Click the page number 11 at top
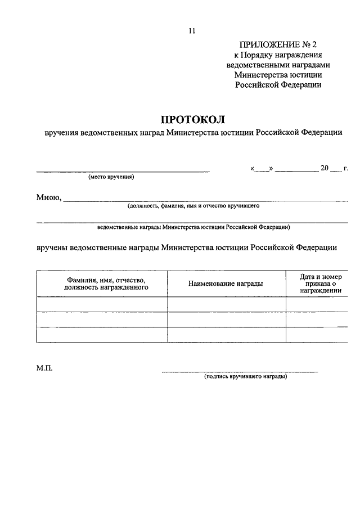(192, 32)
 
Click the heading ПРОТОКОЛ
(192, 119)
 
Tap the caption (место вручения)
(111, 177)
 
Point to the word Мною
(48, 197)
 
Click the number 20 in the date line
(324, 168)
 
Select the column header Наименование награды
(226, 283)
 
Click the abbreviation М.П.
(44, 368)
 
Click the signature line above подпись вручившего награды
(240, 371)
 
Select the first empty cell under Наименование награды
(226, 304)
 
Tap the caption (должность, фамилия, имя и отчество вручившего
(193, 206)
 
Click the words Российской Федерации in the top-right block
(278, 85)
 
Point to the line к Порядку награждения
(277, 55)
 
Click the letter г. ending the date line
(346, 168)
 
